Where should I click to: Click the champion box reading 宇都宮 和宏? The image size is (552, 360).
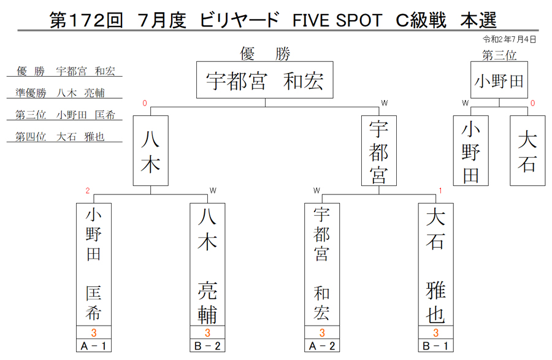[265, 80]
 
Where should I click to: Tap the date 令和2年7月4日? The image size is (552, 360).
[510, 39]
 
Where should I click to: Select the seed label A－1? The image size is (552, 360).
[94, 346]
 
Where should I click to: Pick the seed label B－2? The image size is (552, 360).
[207, 346]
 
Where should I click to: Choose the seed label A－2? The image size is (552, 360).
[322, 346]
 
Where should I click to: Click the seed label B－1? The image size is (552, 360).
[435, 346]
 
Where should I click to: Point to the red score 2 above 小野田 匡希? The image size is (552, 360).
[88, 191]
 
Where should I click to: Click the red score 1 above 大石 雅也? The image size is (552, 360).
[440, 191]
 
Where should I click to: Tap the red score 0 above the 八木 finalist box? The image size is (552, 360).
[145, 103]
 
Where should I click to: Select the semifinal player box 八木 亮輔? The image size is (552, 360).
[207, 264]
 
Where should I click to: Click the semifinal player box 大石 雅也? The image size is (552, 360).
[436, 264]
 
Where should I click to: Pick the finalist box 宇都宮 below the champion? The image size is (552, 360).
[379, 151]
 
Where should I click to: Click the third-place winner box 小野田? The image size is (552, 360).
[499, 80]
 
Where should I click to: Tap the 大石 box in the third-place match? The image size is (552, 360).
[527, 151]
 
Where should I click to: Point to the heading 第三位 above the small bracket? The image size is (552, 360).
[499, 55]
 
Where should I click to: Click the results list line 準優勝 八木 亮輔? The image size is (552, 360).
[60, 93]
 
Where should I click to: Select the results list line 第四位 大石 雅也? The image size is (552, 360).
[60, 137]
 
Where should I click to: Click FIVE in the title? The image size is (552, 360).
[311, 20]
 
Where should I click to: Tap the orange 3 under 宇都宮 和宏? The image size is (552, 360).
[322, 332]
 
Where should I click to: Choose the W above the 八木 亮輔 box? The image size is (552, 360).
[213, 191]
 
